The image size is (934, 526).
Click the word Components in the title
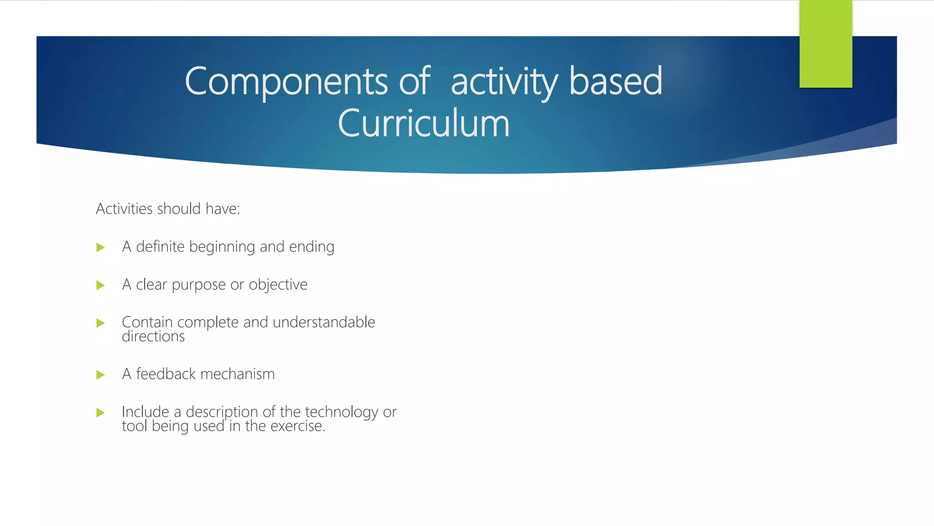(x=286, y=81)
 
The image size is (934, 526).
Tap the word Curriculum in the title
(x=423, y=123)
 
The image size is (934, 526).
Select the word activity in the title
(x=504, y=81)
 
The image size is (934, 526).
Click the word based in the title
(x=616, y=81)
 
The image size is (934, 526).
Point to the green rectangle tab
(x=825, y=44)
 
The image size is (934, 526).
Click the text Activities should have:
(x=168, y=209)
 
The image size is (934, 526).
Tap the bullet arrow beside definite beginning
(x=101, y=247)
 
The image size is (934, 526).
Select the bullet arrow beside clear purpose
(x=101, y=285)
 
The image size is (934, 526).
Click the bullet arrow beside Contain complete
(x=101, y=323)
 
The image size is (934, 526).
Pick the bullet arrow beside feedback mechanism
(x=101, y=375)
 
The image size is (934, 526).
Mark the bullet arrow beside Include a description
(x=101, y=413)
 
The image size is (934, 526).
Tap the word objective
(x=278, y=285)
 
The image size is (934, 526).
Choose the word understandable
(x=324, y=322)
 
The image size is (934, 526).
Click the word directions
(x=153, y=337)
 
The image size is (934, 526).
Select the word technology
(x=341, y=412)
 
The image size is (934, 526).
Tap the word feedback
(x=166, y=374)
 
